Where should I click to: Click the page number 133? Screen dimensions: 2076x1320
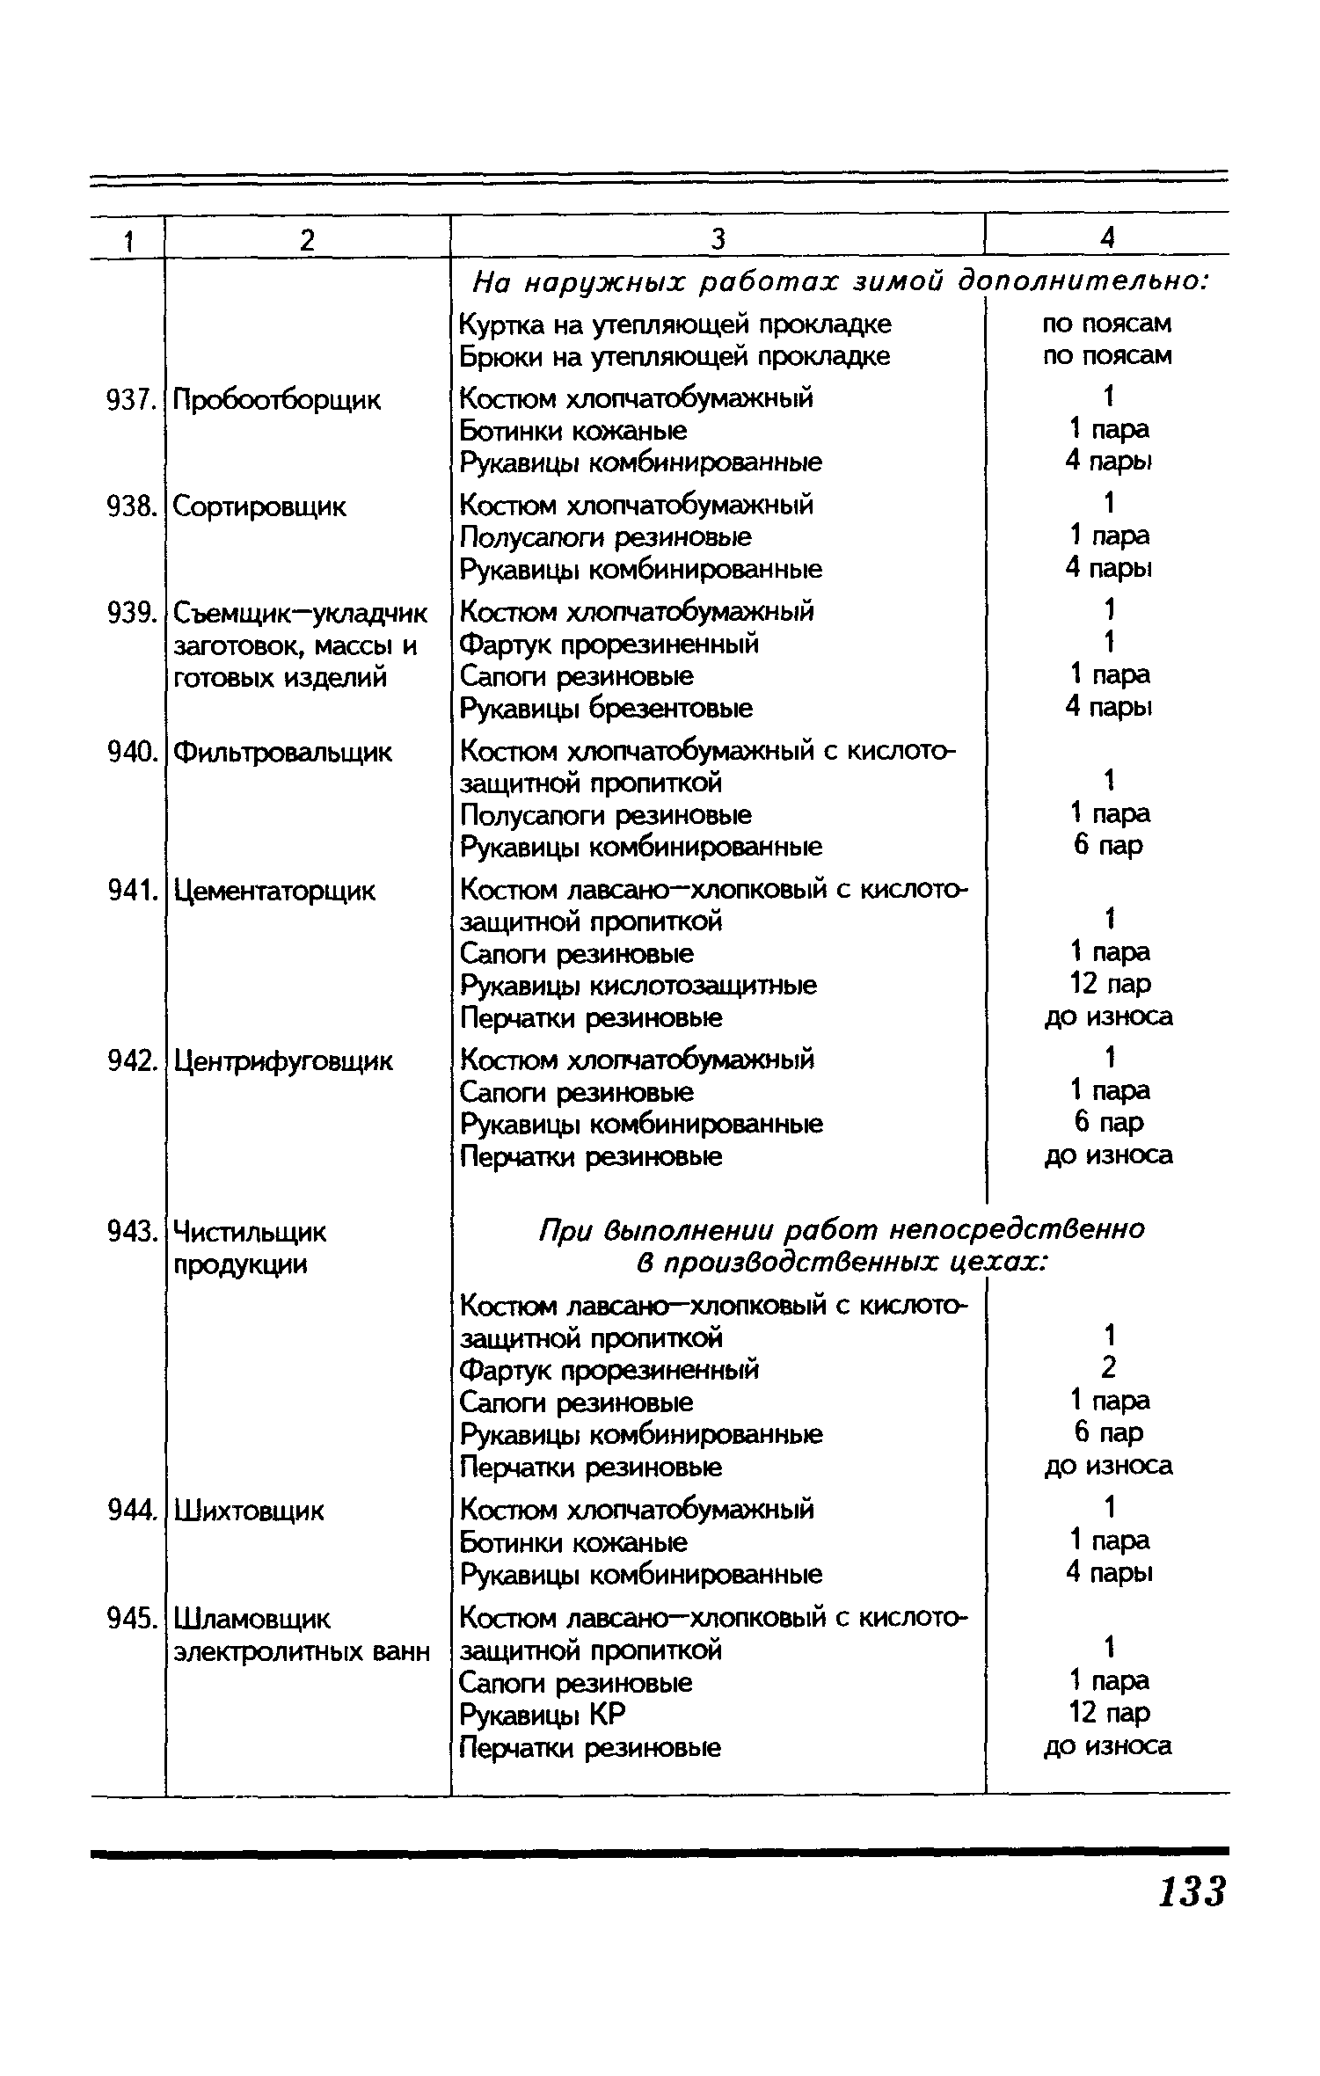click(x=1191, y=1890)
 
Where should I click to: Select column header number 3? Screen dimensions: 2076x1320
click(x=718, y=239)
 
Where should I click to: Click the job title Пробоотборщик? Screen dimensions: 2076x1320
click(x=277, y=401)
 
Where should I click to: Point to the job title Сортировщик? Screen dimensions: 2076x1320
click(x=260, y=506)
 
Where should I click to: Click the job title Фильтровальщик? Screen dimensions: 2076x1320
click(x=282, y=753)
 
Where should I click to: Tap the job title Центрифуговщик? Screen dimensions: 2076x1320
click(x=283, y=1061)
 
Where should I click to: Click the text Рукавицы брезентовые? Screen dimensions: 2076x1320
click(x=607, y=708)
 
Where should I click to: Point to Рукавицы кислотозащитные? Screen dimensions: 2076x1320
click(x=638, y=986)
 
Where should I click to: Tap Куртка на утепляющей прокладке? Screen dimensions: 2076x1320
click(x=675, y=324)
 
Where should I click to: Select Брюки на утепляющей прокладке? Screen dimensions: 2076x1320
click(x=675, y=356)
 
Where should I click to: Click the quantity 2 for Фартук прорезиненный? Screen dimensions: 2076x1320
click(x=1108, y=1368)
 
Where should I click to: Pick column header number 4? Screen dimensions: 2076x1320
click(x=1107, y=237)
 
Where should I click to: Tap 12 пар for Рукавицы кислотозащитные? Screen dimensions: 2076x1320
click(x=1108, y=984)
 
